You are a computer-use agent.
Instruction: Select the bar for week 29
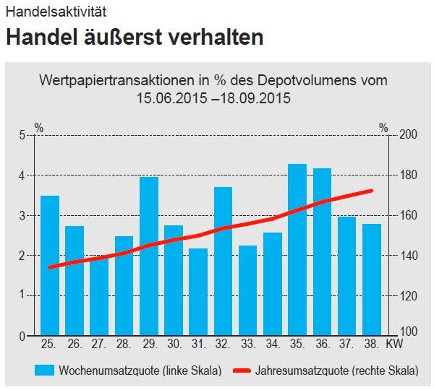click(x=149, y=256)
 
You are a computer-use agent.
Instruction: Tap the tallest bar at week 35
click(x=297, y=249)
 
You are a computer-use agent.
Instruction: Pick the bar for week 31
click(x=198, y=292)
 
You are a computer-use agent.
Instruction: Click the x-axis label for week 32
click(x=223, y=344)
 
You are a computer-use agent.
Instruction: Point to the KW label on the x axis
click(x=395, y=344)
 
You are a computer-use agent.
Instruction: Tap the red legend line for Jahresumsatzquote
click(x=252, y=370)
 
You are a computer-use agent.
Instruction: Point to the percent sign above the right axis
click(x=383, y=128)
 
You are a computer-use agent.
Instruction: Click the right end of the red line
click(x=371, y=191)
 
